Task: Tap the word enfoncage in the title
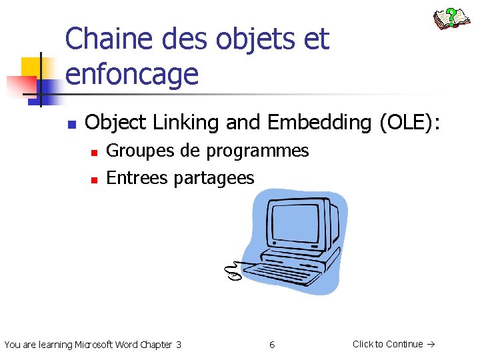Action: pos(132,73)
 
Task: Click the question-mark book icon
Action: pos(451,19)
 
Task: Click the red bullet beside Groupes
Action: pos(94,153)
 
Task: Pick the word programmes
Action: pos(257,151)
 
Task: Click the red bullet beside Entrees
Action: pos(94,179)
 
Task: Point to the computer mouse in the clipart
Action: pos(233,274)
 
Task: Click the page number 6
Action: pos(272,345)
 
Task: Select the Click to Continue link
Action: pos(393,344)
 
